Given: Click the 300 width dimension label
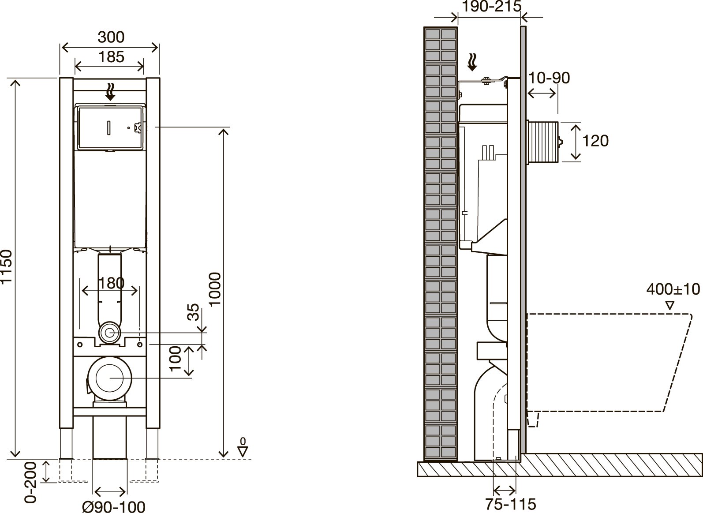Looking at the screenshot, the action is pos(111,37).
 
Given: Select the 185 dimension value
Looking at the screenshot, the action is pos(111,57).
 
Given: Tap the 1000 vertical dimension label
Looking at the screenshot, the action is pos(215,289).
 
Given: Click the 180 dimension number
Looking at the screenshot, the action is pos(112,283).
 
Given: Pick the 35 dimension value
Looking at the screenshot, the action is pos(193,312).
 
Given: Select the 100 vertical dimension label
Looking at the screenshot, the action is pos(176,359).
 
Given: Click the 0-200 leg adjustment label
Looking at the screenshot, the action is pos(30,482).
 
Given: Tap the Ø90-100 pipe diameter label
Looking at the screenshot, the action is pos(114,506).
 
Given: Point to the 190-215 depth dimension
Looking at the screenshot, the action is pos(492,6).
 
